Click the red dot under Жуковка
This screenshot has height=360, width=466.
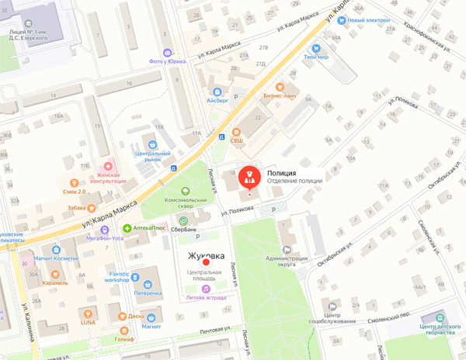pos(207,263)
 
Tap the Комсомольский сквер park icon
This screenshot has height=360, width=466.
pos(186,192)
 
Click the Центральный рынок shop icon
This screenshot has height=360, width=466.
pos(153,144)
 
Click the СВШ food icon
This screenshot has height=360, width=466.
pos(236,131)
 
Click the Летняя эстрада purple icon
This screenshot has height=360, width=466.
pos(206,287)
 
